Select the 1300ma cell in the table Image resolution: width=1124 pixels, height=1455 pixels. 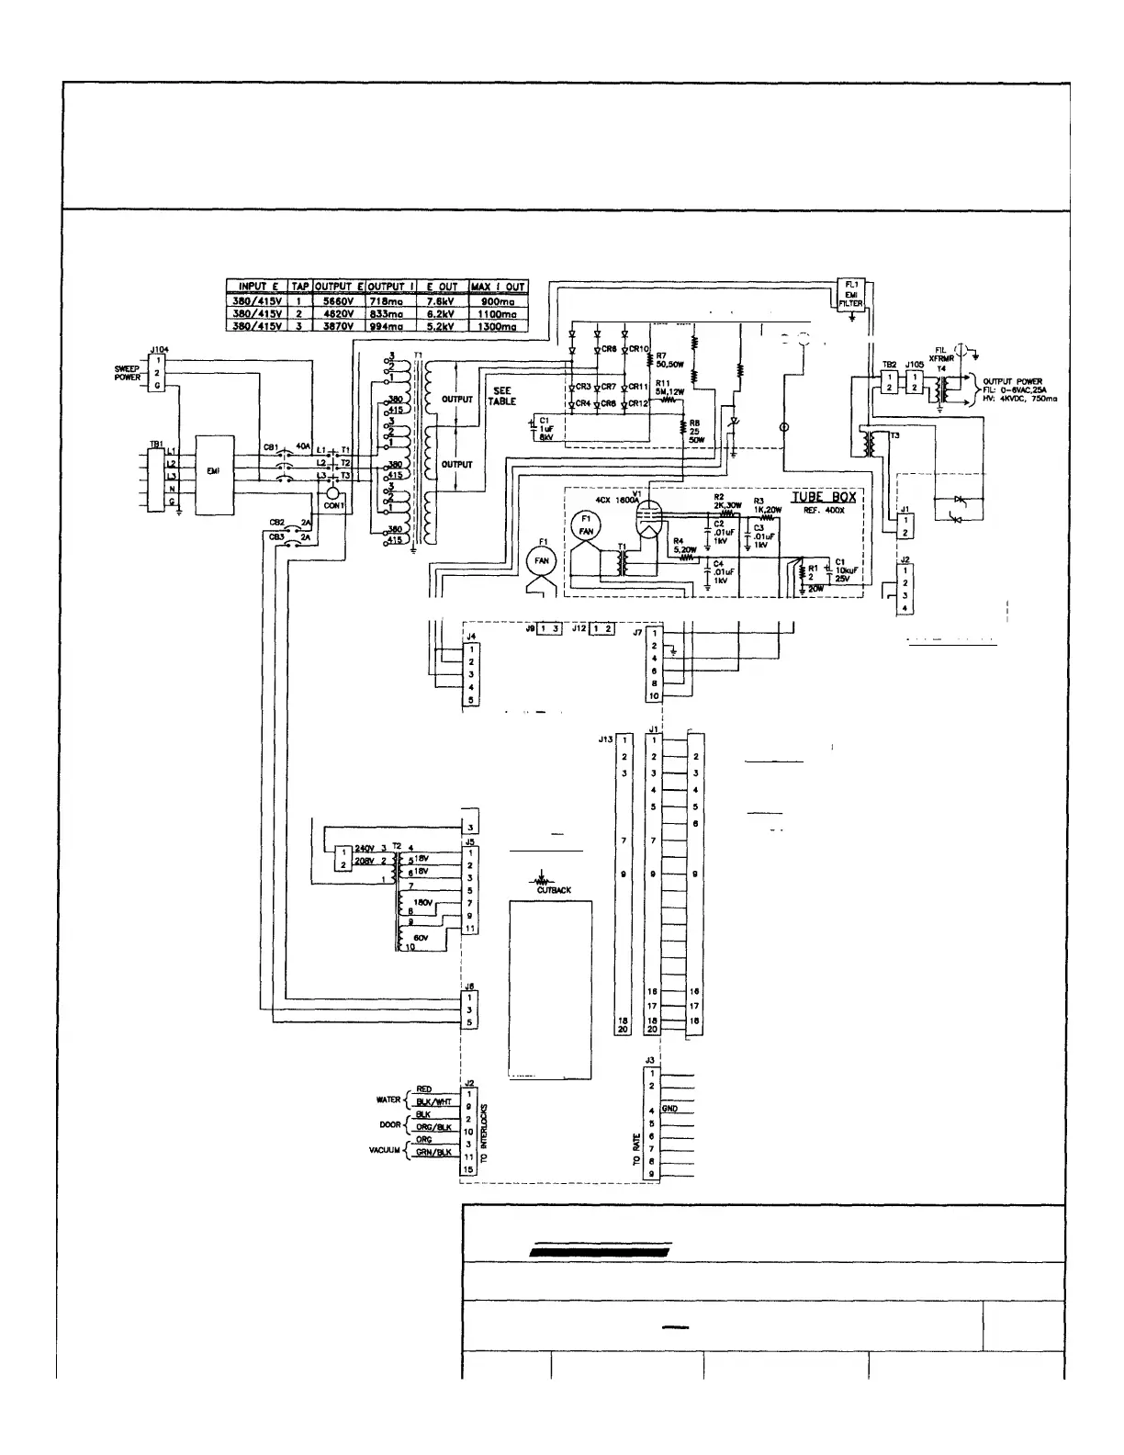pos(498,326)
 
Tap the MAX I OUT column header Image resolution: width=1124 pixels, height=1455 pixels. pos(498,287)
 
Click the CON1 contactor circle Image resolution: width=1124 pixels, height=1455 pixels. pos(332,495)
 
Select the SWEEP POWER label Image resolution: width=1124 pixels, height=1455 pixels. pos(127,374)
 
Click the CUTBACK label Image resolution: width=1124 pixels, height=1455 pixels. pos(554,890)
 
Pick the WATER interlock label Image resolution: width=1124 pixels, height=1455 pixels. pos(388,1099)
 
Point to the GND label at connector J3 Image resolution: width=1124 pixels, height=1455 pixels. pos(669,1110)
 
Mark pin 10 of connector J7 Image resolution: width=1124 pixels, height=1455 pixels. pos(654,697)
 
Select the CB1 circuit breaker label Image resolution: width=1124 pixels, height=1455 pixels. pos(271,447)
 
